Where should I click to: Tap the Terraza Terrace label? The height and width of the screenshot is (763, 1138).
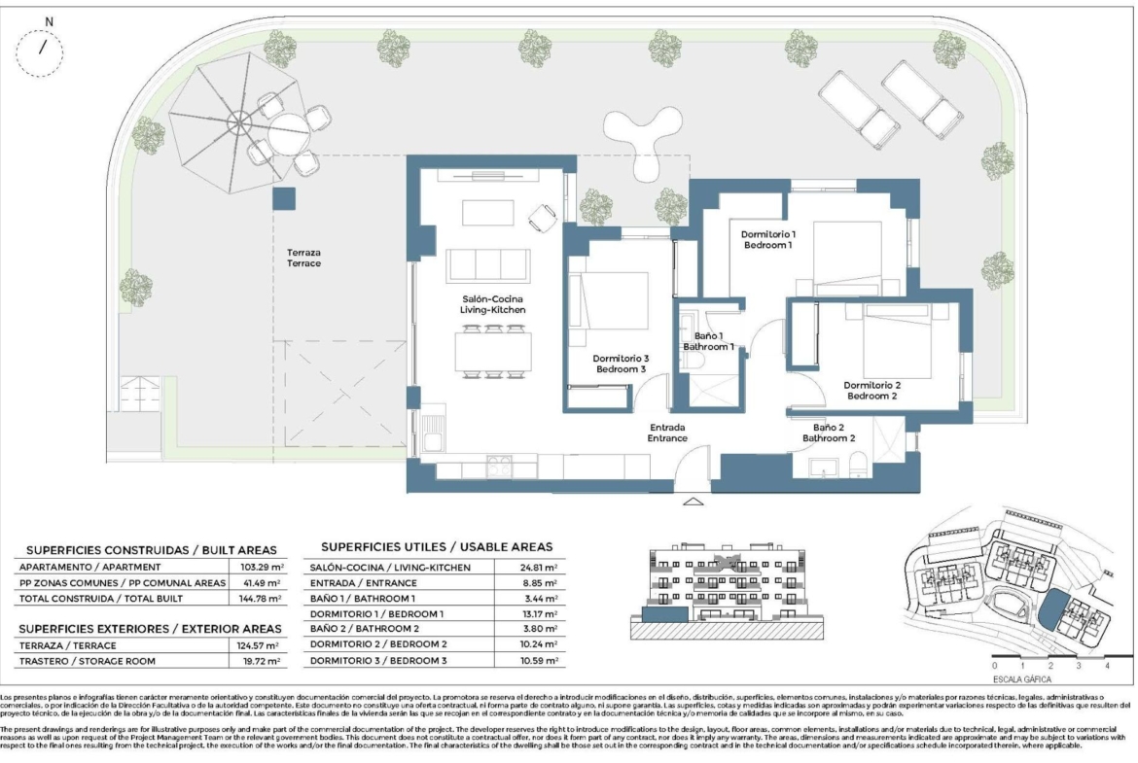[x=303, y=258]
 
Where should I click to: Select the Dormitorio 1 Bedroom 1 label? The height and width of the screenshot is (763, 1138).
[x=768, y=239]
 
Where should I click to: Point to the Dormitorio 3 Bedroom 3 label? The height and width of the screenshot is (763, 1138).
[x=622, y=364]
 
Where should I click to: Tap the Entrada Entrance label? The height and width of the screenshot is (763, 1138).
[x=668, y=433]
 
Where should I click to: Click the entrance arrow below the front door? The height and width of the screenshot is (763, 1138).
[x=693, y=503]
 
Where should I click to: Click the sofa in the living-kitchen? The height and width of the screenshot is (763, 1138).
[x=487, y=263]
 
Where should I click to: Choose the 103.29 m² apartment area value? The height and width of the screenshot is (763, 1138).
[x=262, y=566]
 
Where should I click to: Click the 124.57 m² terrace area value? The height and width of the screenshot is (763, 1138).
[x=262, y=645]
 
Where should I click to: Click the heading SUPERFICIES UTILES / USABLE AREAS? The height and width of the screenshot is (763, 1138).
[x=436, y=546]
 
